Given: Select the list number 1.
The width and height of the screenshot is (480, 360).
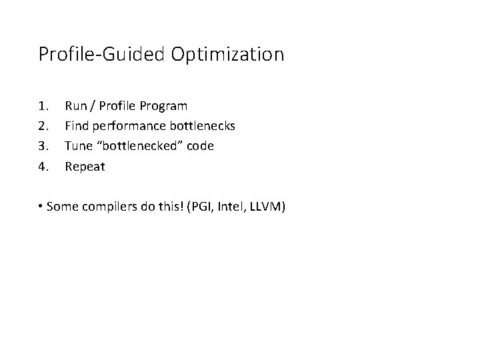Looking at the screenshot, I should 44,106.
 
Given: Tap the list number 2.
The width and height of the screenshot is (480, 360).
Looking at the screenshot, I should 44,126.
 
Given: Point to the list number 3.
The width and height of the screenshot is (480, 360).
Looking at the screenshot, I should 44,146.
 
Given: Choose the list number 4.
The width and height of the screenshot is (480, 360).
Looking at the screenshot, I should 44,167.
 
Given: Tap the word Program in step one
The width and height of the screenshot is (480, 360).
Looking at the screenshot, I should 164,106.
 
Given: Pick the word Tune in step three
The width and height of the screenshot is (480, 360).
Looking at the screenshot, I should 77,146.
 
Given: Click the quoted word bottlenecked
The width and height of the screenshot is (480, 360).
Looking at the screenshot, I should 139,146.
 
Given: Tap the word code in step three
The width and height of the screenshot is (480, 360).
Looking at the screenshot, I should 200,146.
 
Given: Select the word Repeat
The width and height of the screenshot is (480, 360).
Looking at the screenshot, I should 85,167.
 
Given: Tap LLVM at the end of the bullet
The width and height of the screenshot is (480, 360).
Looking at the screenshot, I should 267,207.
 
